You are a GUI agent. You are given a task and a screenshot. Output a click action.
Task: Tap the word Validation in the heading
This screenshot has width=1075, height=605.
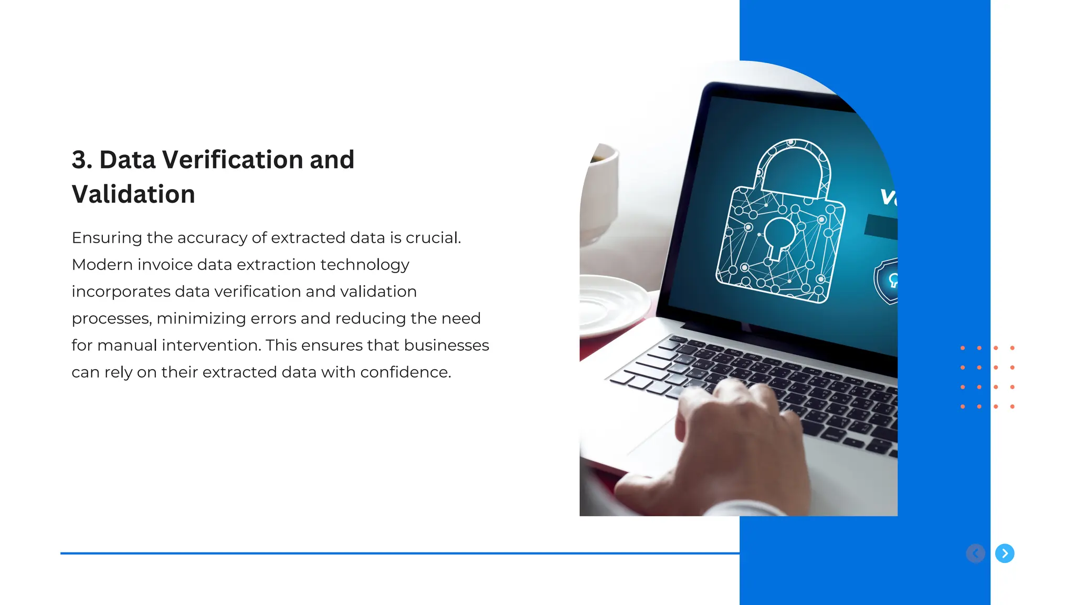pyautogui.click(x=133, y=194)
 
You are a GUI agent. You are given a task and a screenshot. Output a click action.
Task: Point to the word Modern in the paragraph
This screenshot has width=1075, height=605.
pyautogui.click(x=102, y=265)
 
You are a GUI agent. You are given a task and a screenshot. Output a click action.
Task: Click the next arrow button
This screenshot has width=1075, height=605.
pyautogui.click(x=1005, y=553)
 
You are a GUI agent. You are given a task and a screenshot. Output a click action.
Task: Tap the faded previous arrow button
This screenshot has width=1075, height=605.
pyautogui.click(x=975, y=553)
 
